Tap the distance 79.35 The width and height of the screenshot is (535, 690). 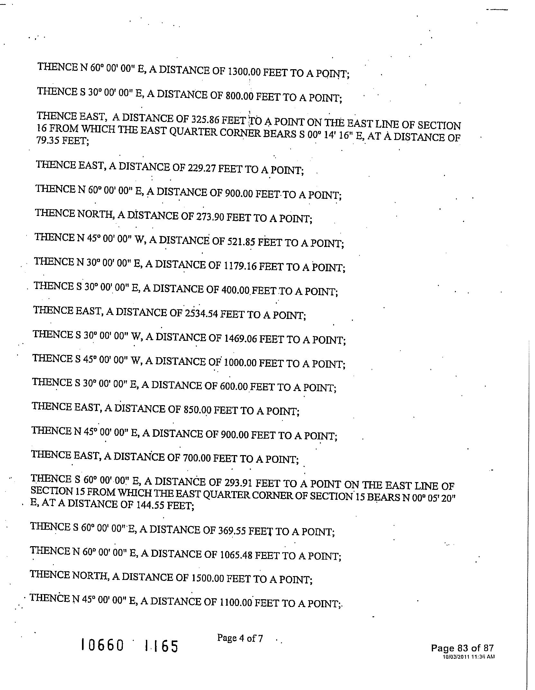[48, 141]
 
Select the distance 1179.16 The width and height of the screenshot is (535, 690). [240, 266]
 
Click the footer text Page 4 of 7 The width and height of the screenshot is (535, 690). [240, 638]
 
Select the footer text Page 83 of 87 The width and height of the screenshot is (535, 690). [462, 648]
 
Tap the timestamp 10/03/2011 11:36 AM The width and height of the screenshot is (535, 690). [468, 657]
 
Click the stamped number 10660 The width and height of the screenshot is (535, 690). [102, 645]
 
